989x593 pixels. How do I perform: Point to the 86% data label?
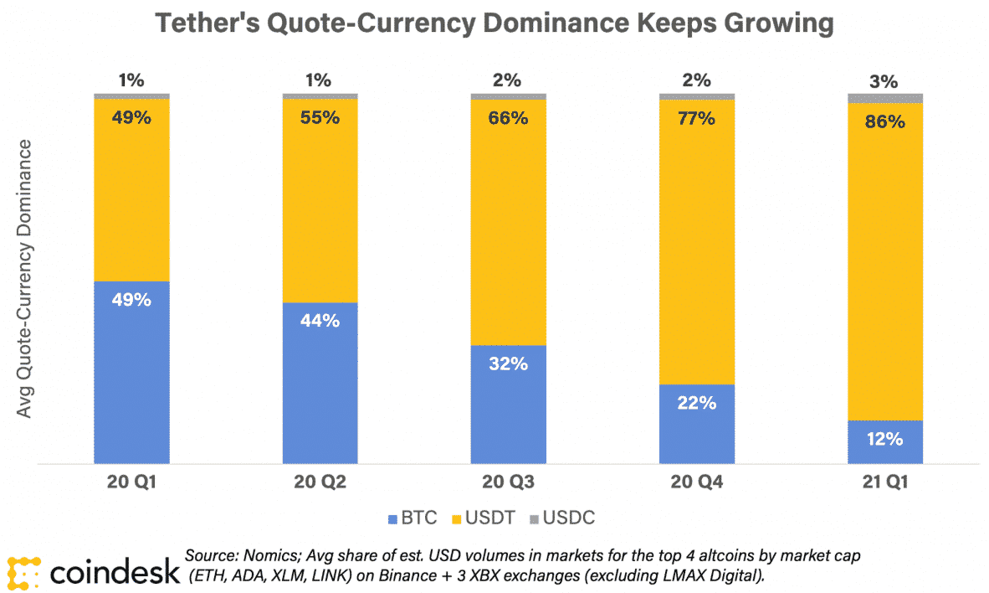coord(884,121)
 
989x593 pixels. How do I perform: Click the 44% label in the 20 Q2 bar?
coord(320,320)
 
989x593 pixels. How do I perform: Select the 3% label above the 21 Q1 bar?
coord(884,82)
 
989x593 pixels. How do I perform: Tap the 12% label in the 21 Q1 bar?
coord(884,439)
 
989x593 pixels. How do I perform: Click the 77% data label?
coord(696,118)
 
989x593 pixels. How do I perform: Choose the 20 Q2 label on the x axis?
coord(320,482)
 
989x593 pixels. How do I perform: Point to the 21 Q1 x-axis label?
coord(884,482)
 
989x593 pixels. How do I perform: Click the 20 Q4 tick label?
coord(696,482)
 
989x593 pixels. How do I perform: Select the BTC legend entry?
coord(413,518)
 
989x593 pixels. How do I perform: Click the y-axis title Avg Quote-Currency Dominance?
coord(28,279)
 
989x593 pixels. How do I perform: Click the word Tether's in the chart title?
coord(217,23)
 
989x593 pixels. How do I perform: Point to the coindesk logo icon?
coord(23,572)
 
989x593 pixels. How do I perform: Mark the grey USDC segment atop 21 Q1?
coord(884,98)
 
